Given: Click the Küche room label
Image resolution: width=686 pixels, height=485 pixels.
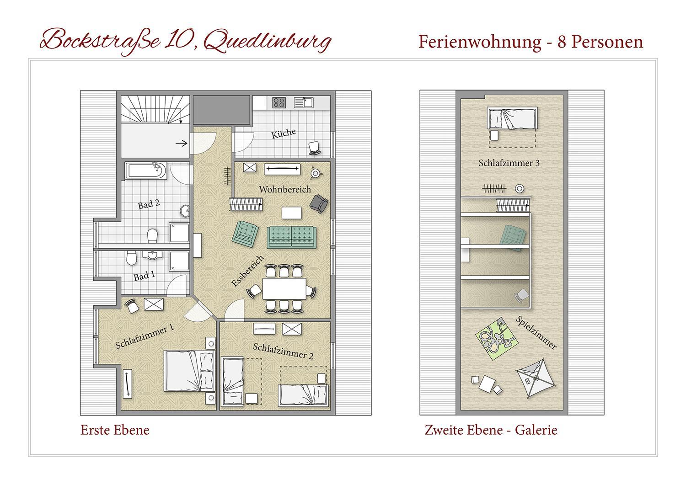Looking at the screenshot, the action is point(283,133).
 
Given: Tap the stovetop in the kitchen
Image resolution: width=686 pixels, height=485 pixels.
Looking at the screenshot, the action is point(279,102).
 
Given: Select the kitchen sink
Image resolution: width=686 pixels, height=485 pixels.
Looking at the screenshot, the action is point(304,102).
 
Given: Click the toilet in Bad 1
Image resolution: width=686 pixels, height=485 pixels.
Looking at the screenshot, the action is point(131,258).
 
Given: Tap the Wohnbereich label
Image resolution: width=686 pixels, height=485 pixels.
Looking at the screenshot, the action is point(285,190).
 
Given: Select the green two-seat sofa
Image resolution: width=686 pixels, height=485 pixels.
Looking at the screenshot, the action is point(291,237).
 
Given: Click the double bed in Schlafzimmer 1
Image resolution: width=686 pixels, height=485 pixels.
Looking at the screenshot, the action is point(189,371).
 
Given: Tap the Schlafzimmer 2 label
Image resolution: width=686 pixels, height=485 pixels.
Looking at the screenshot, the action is point(283,351).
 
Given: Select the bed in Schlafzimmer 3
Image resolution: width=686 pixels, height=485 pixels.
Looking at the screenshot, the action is point(512,118).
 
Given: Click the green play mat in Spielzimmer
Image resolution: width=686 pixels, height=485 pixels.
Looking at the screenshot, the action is point(496,339).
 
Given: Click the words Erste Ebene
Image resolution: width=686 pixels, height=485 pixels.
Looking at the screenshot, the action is point(115,430).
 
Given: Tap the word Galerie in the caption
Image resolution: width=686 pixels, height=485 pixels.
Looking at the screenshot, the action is point(536,430).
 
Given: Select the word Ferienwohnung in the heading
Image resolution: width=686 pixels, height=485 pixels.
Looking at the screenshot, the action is point(480,42).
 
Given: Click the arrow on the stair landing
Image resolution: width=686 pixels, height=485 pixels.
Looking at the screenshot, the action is point(181,143).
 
